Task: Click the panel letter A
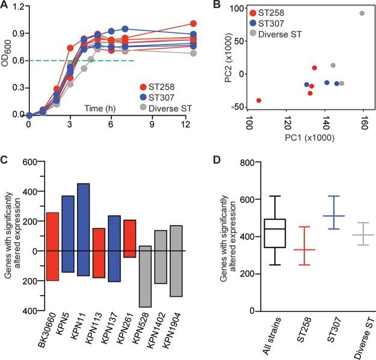[5, 7]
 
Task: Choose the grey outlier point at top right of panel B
[362, 13]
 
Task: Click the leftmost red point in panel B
[259, 100]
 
